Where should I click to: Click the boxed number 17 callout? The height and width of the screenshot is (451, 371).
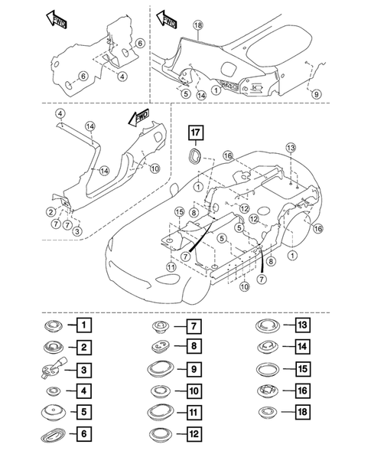point(197,133)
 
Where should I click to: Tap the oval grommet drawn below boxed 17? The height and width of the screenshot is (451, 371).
point(197,158)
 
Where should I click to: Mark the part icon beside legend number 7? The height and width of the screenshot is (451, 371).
point(161,325)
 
